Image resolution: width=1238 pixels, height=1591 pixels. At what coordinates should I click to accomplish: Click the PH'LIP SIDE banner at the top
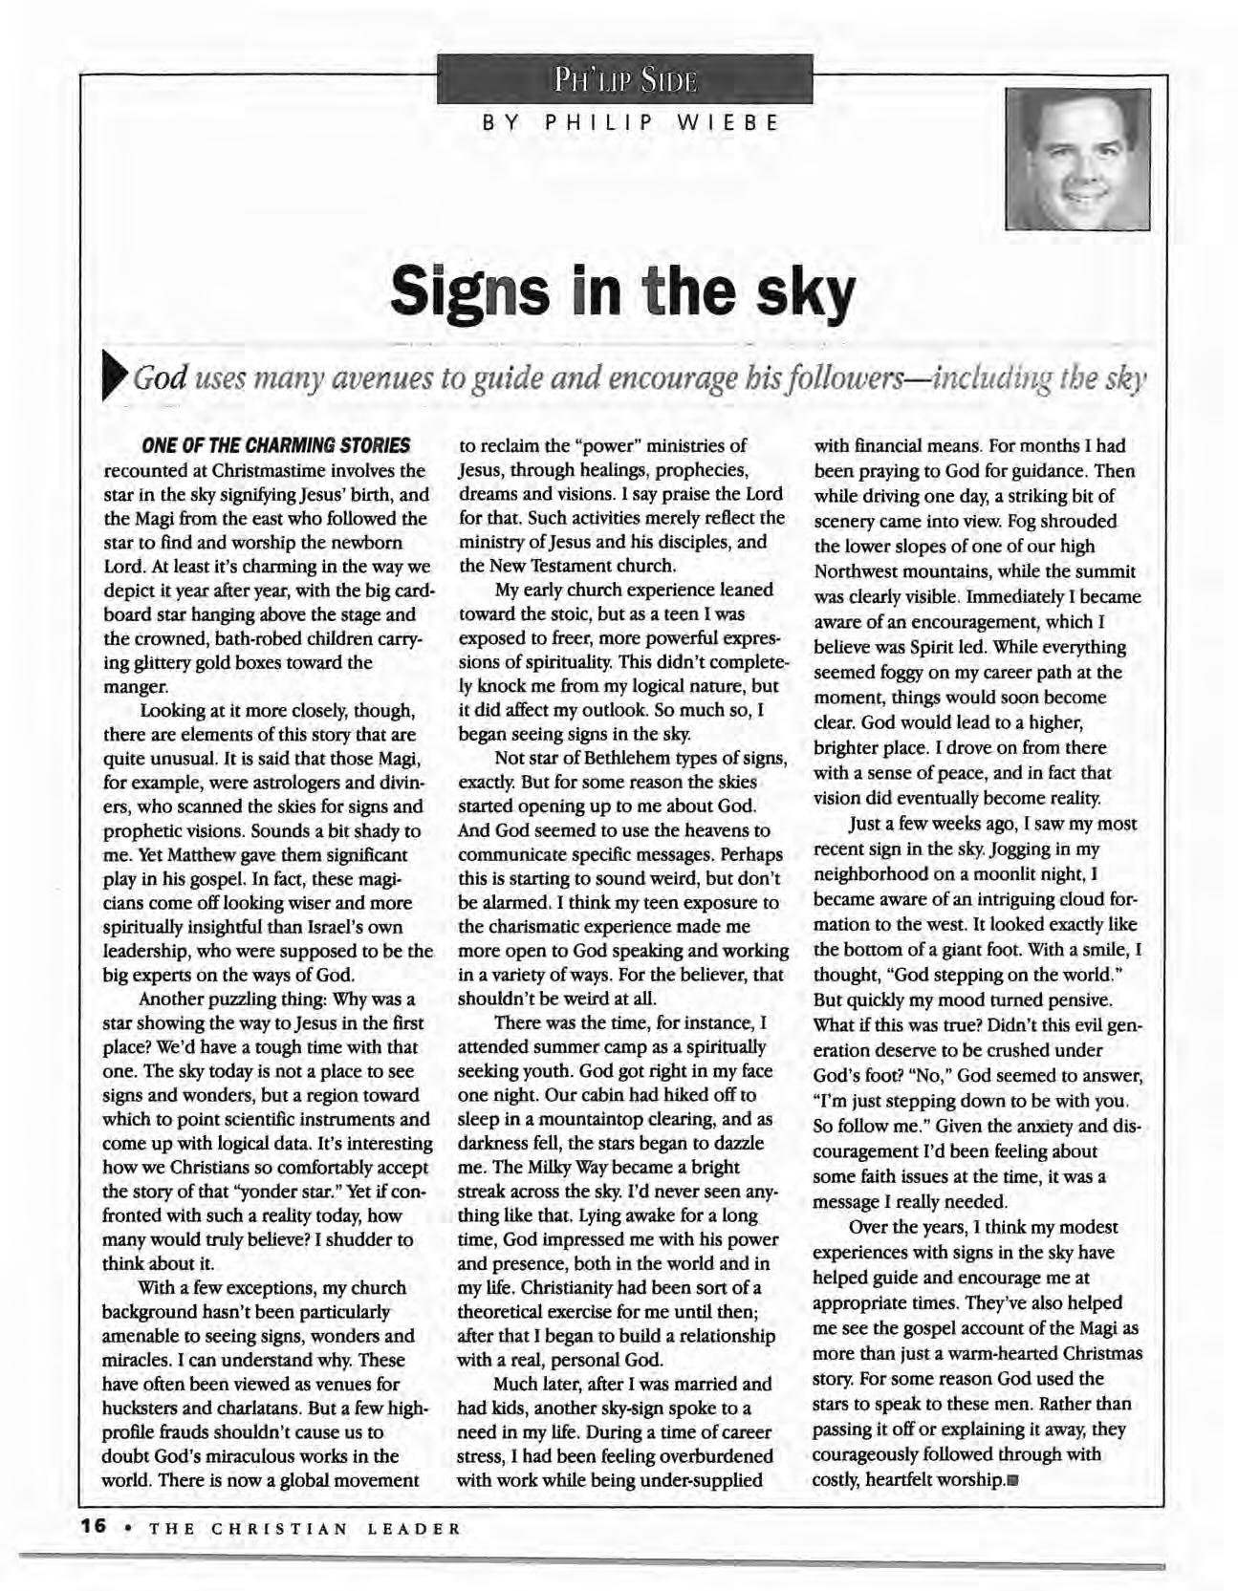pyautogui.click(x=624, y=78)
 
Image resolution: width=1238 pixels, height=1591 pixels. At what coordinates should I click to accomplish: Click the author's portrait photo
pyautogui.click(x=1077, y=159)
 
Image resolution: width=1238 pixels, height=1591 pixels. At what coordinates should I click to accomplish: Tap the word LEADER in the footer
pyautogui.click(x=413, y=1528)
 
